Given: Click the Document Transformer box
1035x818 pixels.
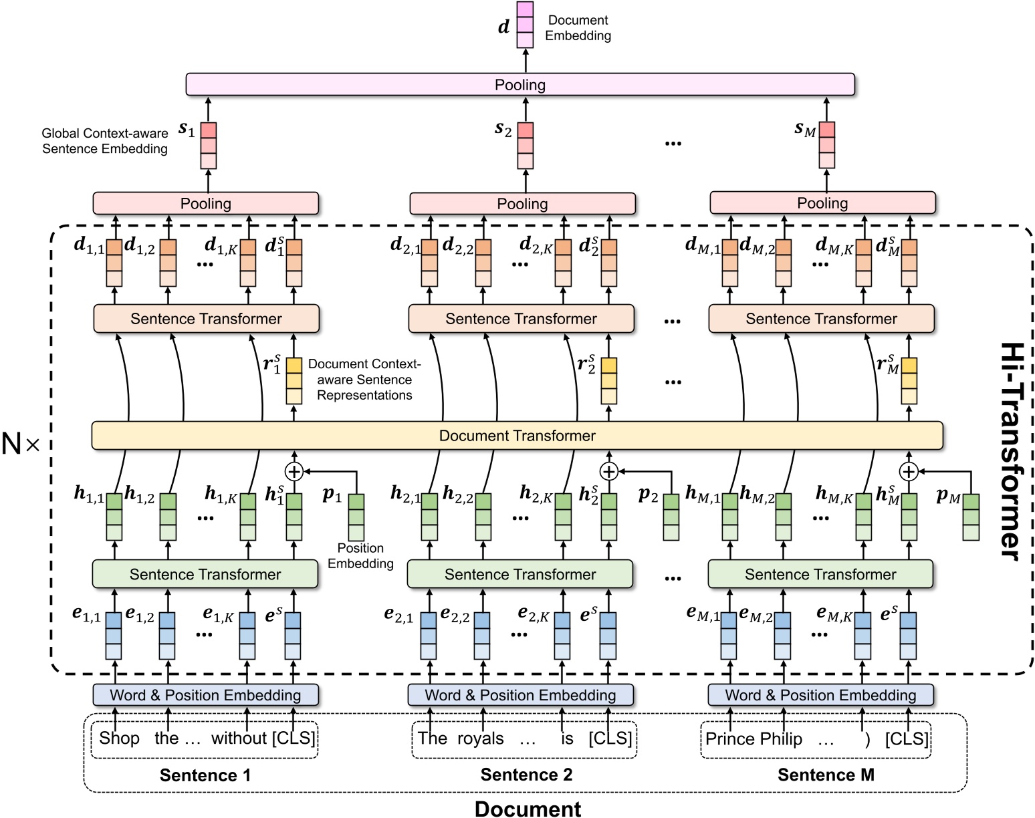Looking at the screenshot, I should click(517, 436).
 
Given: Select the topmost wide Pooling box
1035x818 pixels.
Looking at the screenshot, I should click(520, 85).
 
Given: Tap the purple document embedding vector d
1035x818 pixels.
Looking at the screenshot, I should click(525, 25).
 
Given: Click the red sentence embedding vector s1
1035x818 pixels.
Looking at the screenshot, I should click(209, 145).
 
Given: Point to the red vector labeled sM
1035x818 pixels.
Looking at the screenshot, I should click(827, 145).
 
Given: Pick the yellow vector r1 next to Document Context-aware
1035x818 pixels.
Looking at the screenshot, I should click(294, 381).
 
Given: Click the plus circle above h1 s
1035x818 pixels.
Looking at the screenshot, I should click(294, 472).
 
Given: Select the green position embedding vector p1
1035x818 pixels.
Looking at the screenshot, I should click(356, 517).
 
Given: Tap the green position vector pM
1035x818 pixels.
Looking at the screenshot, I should click(971, 517).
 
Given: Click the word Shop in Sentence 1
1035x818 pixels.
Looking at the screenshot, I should click(119, 738).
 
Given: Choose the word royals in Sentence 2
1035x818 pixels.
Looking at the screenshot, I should click(480, 738).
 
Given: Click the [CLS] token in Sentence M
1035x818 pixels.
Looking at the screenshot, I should click(907, 739).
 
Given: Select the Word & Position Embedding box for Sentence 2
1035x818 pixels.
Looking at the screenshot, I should click(520, 695).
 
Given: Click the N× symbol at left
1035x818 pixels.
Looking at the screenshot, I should click(20, 444).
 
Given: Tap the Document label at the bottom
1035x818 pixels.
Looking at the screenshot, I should click(528, 809).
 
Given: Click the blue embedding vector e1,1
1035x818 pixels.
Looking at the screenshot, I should click(114, 636).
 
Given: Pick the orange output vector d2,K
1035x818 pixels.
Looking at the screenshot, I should click(563, 263).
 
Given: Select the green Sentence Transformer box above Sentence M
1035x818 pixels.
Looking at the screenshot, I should click(820, 575).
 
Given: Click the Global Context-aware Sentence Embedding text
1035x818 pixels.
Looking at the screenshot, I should click(105, 141).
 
